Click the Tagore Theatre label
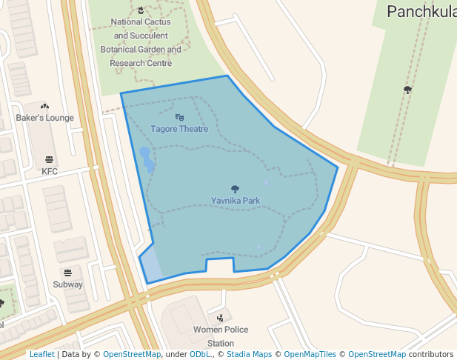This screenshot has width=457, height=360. coord(179,129)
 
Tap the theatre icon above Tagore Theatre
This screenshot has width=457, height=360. coord(179,117)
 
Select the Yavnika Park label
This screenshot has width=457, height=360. coord(236,201)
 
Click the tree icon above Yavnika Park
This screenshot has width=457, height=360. coord(236,189)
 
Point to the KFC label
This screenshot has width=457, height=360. coord(50,171)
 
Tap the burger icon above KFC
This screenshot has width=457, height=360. coord(50,159)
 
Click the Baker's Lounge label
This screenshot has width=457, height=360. coord(45,118)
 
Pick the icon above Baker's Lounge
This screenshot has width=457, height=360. coord(44,106)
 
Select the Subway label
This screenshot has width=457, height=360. coord(68,284)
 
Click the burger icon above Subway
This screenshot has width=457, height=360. coord(68,273)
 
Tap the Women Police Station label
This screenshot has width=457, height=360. coord(221,336)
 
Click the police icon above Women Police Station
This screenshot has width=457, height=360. coord(220,318)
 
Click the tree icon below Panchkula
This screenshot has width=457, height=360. coord(407,90)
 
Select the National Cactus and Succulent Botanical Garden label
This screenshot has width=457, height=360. coord(141,43)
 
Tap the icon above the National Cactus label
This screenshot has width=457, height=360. coord(141,10)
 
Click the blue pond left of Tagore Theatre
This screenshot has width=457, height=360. coord(146,158)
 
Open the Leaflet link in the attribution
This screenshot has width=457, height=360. coord(41,354)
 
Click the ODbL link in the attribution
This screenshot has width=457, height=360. coord(200,354)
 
